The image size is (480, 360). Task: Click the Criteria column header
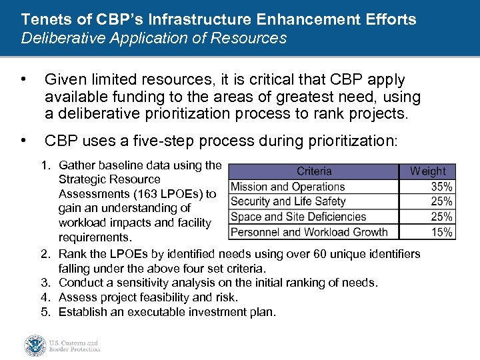pos(314,171)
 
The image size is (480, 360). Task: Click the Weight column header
pos(427,171)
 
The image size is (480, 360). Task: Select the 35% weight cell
pos(441,187)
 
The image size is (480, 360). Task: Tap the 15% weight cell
pos(441,232)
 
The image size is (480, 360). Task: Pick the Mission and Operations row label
pos(287,187)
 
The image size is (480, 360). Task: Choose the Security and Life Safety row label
pos(288,201)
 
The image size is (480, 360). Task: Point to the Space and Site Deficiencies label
pos(298,217)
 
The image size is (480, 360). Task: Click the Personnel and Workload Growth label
pos(309,232)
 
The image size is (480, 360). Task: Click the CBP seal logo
pos(35,345)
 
